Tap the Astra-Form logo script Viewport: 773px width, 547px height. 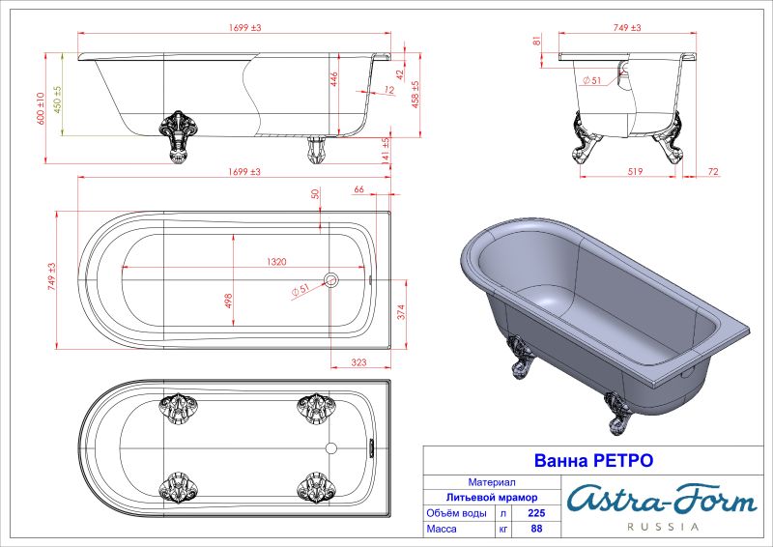pos(660,500)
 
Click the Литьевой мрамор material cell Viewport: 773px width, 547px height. pos(491,497)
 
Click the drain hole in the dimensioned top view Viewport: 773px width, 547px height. pos(330,279)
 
